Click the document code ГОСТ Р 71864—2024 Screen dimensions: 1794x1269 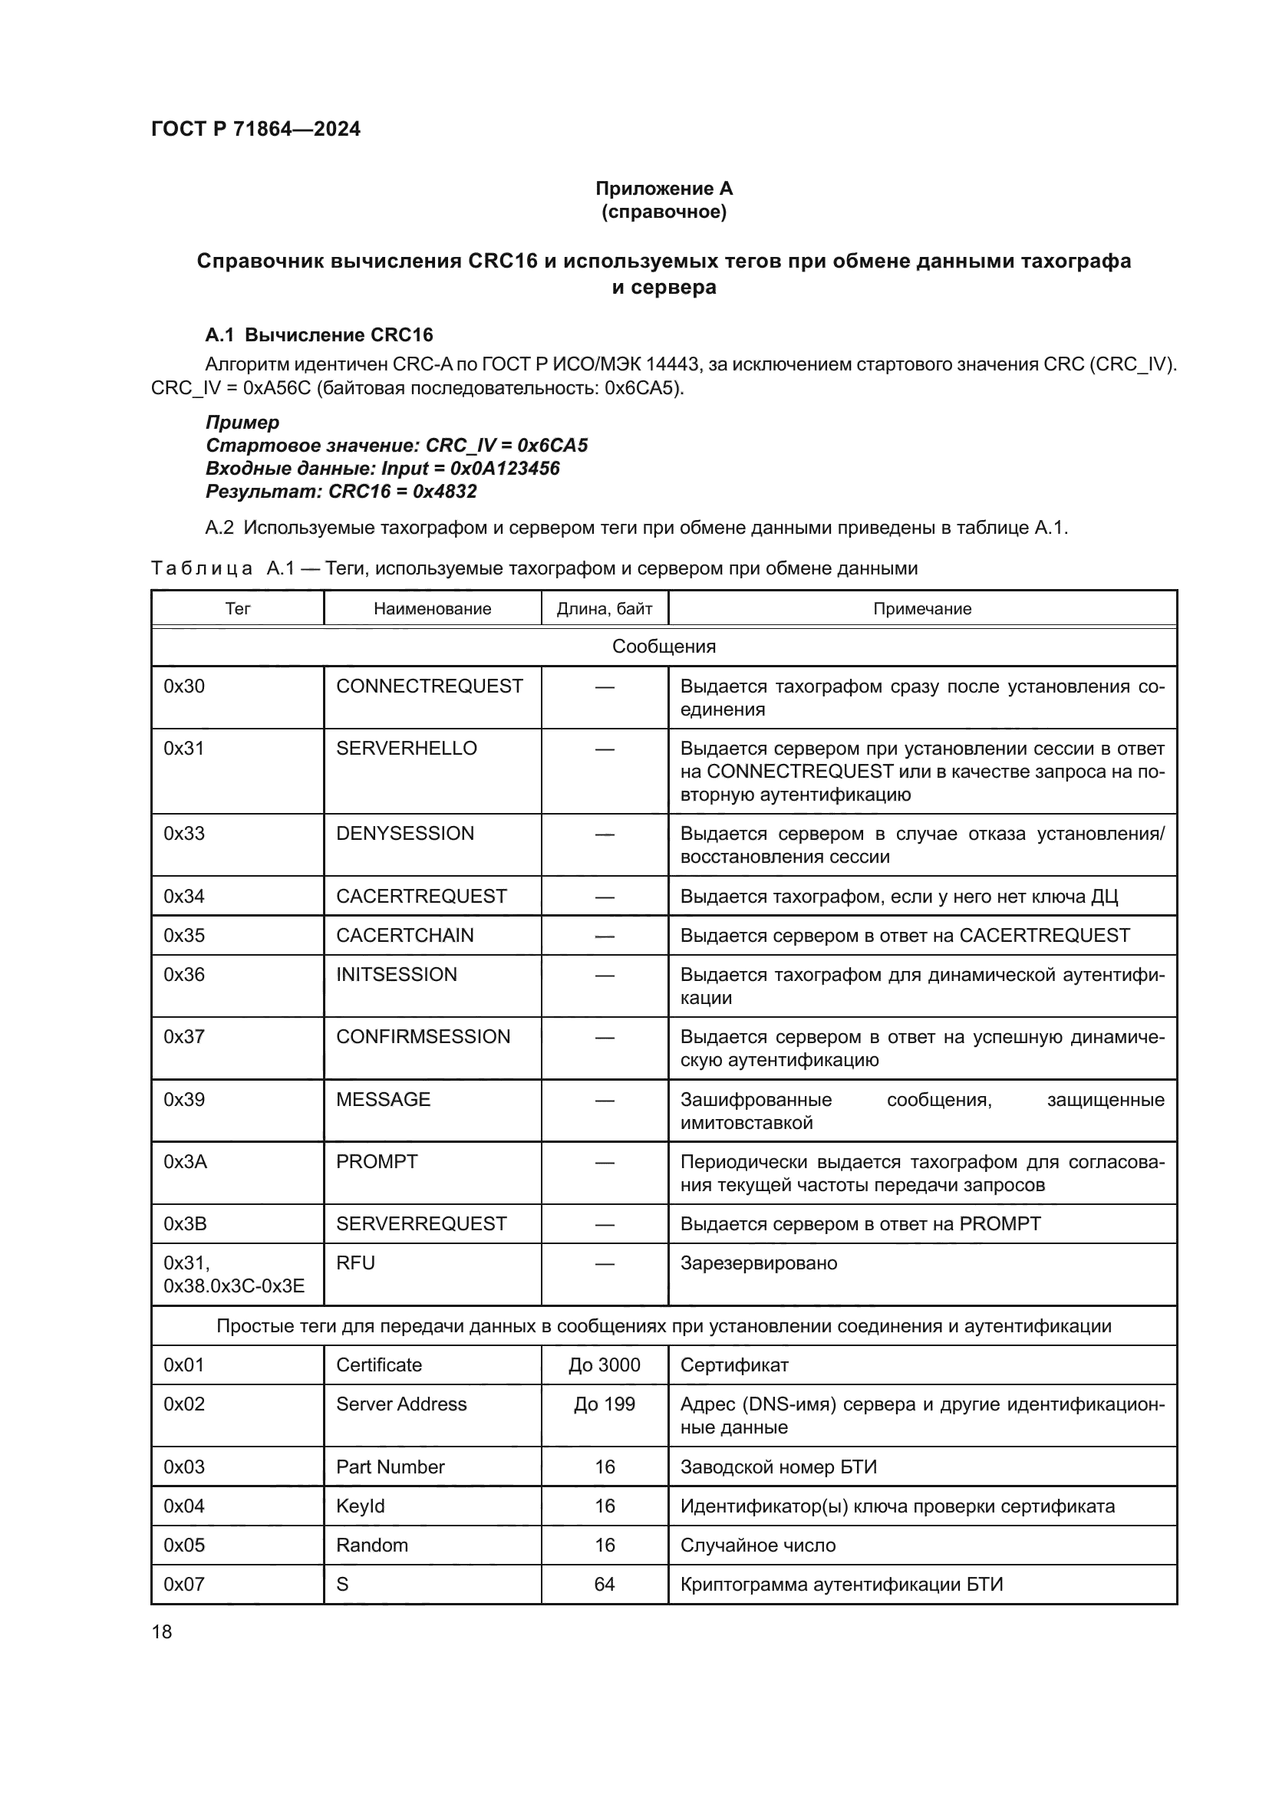[x=255, y=129]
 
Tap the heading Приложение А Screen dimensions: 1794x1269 [x=664, y=189]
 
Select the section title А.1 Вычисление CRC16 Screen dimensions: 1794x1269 [x=319, y=335]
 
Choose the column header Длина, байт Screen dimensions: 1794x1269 [x=604, y=609]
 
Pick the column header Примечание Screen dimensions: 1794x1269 [x=922, y=609]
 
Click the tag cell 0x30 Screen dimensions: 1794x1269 [x=184, y=686]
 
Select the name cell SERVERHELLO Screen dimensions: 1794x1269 [x=407, y=749]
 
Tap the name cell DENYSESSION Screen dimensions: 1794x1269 [x=405, y=834]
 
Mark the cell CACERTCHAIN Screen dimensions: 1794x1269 [x=405, y=935]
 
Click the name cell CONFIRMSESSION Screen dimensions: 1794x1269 [x=423, y=1037]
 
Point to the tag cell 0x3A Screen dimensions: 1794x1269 [x=185, y=1162]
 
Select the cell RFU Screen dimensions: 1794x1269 [x=355, y=1263]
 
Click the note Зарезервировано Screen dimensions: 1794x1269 [x=758, y=1263]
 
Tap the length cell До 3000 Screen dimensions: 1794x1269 [x=604, y=1365]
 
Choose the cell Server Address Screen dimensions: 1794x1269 [x=400, y=1404]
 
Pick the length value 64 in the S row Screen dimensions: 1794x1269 [x=604, y=1584]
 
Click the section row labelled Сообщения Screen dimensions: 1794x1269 [x=664, y=646]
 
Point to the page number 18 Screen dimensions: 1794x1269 [x=162, y=1631]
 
